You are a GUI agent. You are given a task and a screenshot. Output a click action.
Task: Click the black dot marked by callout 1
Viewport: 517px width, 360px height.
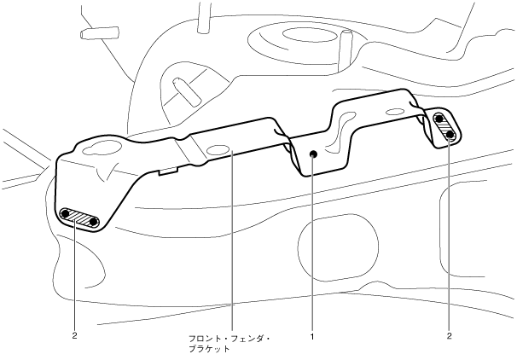(x=314, y=154)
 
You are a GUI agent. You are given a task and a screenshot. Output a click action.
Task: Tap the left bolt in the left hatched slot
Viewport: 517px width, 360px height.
(x=66, y=212)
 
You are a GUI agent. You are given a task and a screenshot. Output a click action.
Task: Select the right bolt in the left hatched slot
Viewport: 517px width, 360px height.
(x=94, y=223)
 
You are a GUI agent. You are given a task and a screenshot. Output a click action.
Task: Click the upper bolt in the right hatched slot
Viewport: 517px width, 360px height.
(x=440, y=119)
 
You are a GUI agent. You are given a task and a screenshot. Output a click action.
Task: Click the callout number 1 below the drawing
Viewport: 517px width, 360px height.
(x=313, y=336)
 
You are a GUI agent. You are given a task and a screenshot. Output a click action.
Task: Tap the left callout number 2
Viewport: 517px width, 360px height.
(x=75, y=336)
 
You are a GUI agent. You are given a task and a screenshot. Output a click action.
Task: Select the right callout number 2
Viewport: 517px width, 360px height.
(x=449, y=336)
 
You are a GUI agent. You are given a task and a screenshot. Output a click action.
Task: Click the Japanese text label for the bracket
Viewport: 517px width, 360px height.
(x=229, y=342)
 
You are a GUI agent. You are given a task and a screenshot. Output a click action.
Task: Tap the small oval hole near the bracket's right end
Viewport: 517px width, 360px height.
(x=396, y=112)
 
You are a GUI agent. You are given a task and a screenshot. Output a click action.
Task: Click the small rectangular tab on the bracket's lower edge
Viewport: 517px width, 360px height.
(x=169, y=170)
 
